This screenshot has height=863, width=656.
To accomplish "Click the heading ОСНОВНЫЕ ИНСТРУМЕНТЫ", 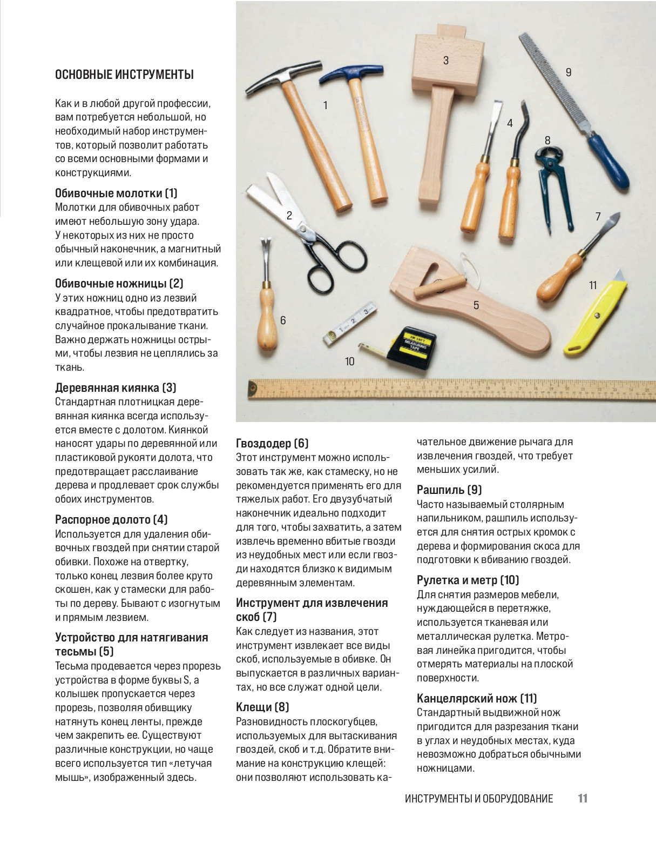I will pos(124,75).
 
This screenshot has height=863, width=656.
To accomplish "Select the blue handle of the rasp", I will pos(608,160).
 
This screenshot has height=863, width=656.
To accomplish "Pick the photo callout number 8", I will pos(547,141).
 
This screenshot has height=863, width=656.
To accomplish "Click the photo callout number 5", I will pos(476,305).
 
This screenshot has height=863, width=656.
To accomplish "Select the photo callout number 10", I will pos(349,361).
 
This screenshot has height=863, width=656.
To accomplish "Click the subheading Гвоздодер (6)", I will pos(272,443).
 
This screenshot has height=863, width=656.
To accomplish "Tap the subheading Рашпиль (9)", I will pos(449,490).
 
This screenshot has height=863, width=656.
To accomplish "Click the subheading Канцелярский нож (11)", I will pos(477,698).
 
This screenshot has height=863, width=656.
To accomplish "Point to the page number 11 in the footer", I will pos(582,798).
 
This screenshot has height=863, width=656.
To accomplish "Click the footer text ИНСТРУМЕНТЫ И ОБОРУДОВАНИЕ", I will pos(479,799).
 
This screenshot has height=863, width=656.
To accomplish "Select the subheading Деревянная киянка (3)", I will pos(116,387).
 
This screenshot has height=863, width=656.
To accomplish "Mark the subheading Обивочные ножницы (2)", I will pos(119,283).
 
